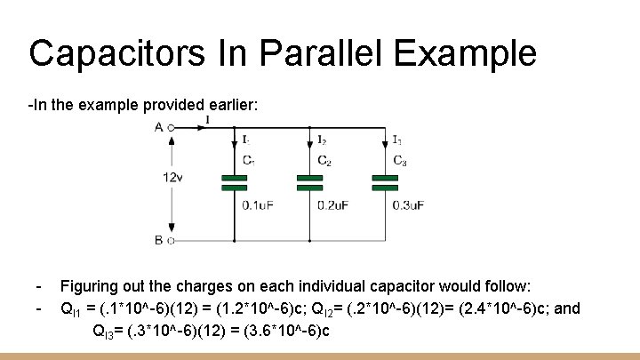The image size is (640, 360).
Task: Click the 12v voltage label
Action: point(173,178)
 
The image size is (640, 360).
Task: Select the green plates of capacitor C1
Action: point(233,182)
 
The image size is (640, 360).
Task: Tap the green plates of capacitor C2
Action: point(308,182)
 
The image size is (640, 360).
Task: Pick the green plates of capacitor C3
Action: point(384,182)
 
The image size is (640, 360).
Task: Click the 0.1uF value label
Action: point(258,205)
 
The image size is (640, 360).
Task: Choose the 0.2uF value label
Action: point(333,205)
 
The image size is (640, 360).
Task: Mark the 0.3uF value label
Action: point(408,205)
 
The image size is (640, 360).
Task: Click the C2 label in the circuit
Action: point(324,161)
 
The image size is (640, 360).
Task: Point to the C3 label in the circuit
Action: point(399,161)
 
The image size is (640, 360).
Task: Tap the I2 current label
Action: point(322,140)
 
